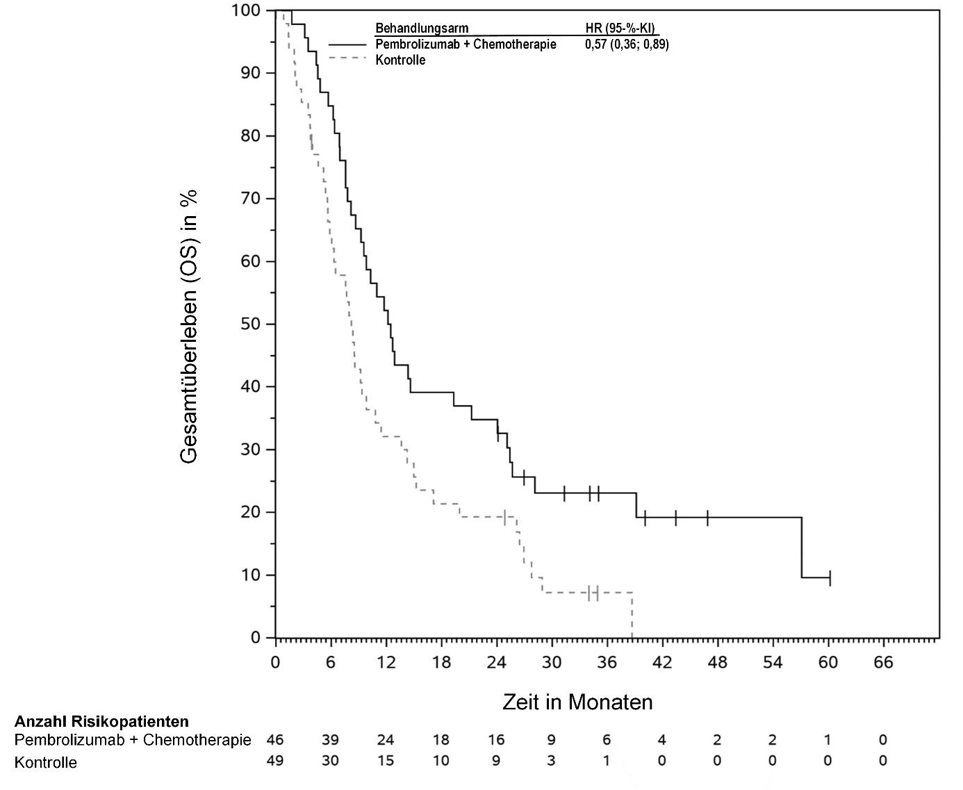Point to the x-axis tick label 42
pos(661,661)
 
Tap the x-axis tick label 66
pos(882,661)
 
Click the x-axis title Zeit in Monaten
pos(577,702)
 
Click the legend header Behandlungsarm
pos(422,28)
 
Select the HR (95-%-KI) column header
pos(620,28)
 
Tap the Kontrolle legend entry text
pos(400,60)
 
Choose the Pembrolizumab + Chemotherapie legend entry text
pos(466,44)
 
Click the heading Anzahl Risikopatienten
pos(101,721)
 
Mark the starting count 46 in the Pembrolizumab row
pos(275,740)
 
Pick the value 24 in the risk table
pos(386,740)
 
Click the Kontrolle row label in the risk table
pos(46,763)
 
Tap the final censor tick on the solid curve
pos(830,577)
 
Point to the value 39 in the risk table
pos(330,740)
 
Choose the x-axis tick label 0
pos(276,661)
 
